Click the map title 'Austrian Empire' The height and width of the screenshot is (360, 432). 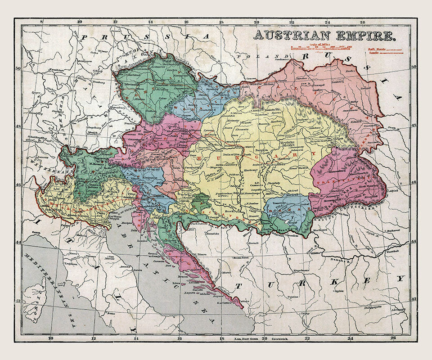point(324,35)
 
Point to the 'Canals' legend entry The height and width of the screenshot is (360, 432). point(374,53)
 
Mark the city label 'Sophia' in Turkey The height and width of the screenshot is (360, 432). point(339,291)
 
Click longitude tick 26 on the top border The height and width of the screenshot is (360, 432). point(363,21)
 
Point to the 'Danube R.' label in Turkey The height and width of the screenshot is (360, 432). point(342,261)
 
